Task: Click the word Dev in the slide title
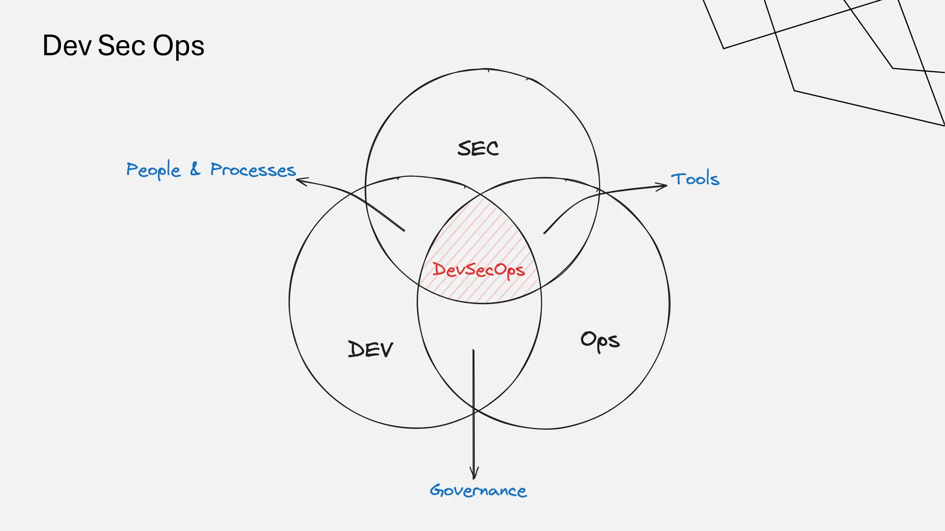[x=66, y=46]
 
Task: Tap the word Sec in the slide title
[x=122, y=46]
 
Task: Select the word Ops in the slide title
[x=178, y=47]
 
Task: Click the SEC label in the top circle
[x=478, y=148]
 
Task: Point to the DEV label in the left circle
[x=371, y=349]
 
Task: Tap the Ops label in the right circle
[x=600, y=341]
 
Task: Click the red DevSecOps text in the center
[x=478, y=270]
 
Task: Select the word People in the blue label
[x=153, y=170]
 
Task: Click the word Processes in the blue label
[x=253, y=170]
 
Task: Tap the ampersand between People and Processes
[x=196, y=169]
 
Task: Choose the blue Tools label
[x=695, y=179]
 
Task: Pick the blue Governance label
[x=478, y=490]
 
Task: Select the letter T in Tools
[x=678, y=178]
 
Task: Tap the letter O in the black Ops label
[x=588, y=339]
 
